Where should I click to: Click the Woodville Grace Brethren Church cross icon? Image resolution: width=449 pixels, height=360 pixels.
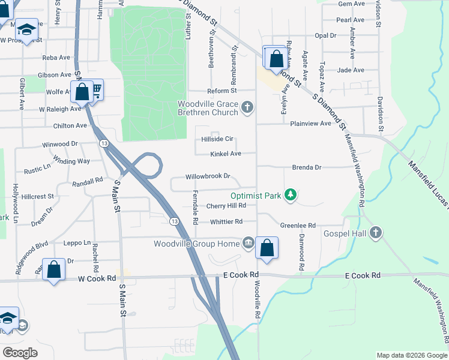tap(248, 107)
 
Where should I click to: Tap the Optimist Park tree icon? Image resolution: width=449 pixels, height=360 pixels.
tap(291, 195)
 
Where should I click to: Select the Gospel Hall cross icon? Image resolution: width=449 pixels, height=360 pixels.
tap(376, 233)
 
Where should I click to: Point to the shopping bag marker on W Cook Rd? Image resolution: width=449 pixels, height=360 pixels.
tap(54, 269)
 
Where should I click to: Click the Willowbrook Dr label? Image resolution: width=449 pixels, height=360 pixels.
tap(208, 176)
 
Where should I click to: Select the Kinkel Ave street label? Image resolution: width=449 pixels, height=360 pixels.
tap(225, 154)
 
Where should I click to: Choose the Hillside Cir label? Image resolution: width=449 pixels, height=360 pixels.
tap(217, 139)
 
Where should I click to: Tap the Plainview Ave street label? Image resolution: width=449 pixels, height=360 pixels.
tap(310, 123)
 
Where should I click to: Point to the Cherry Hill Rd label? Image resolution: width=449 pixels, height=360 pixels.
tap(226, 205)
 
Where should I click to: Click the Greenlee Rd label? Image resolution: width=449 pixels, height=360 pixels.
tap(298, 225)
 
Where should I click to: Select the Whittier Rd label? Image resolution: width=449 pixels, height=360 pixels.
tap(226, 221)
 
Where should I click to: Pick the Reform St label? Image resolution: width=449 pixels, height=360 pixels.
tap(222, 91)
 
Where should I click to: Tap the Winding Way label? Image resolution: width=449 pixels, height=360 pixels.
tap(71, 161)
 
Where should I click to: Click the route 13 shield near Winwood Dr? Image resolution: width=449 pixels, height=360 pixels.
tap(104, 143)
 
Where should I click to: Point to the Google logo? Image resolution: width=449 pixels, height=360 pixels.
tap(20, 353)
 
